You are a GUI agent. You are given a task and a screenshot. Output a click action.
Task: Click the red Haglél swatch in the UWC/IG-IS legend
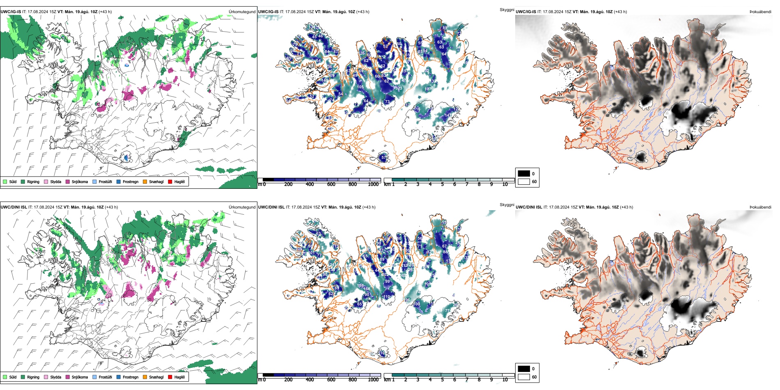170,181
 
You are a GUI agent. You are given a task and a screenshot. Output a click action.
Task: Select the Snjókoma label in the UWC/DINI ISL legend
80,377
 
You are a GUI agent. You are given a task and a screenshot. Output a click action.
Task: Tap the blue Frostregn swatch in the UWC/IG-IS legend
119,181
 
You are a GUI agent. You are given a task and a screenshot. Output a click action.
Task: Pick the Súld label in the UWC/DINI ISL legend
13,377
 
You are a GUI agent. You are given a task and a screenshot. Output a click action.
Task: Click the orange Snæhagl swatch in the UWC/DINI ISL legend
145,377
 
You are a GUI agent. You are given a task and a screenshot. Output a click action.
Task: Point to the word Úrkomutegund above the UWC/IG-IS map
242,11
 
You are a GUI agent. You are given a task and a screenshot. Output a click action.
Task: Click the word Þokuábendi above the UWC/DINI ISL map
760,207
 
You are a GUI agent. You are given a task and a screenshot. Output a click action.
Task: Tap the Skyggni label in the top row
507,9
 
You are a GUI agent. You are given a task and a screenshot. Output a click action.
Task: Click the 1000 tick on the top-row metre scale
373,184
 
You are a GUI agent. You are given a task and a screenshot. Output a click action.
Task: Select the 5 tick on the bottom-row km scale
442,380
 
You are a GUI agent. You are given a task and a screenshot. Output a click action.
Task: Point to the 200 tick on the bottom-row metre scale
288,380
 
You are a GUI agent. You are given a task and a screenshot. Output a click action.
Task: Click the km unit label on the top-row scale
387,184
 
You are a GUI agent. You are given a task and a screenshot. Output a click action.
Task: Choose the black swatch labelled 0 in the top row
524,174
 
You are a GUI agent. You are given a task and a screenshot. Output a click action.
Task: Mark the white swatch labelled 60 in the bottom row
524,376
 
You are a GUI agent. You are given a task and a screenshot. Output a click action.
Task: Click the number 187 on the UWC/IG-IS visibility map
428,89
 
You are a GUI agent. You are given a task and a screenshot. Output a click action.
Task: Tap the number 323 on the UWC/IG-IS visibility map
399,88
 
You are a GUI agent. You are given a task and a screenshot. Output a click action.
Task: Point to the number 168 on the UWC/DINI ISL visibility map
367,289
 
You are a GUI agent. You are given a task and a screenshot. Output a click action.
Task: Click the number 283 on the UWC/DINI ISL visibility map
411,270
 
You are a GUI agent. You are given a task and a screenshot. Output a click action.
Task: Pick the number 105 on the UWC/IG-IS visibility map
360,87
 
